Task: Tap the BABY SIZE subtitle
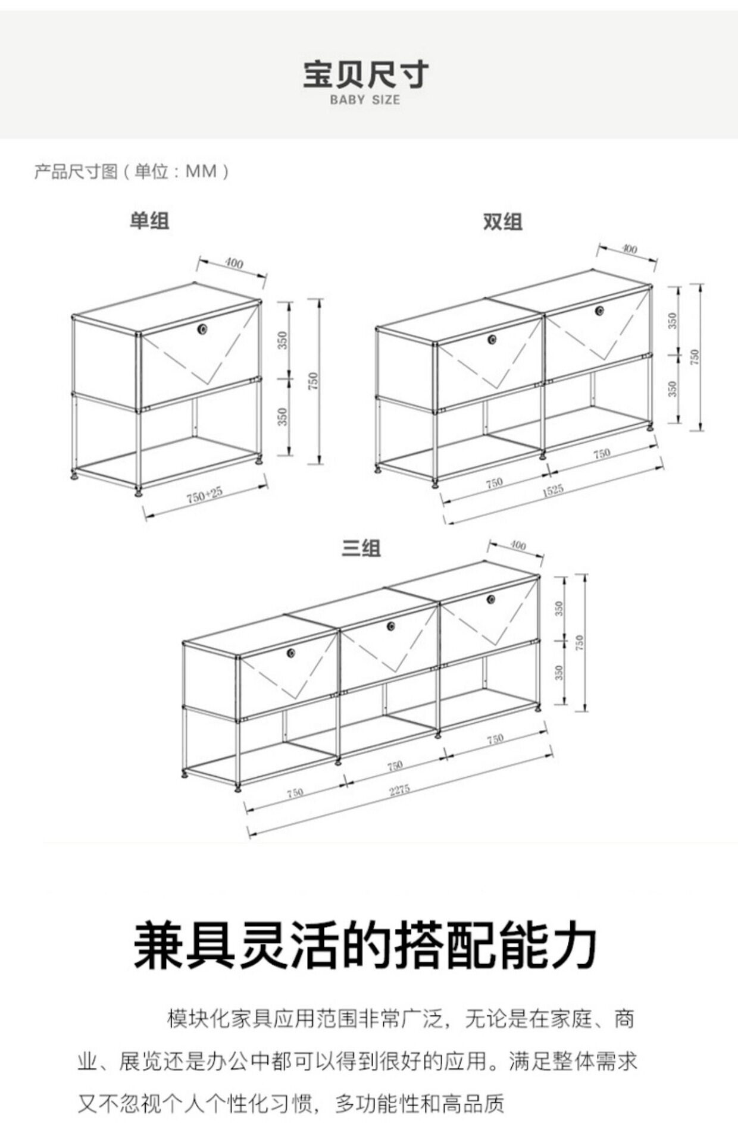(365, 100)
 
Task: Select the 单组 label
(149, 221)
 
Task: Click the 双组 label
(502, 221)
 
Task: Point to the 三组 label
(361, 547)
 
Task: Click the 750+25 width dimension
(204, 495)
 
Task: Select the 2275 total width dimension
(399, 790)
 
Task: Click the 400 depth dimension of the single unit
(234, 262)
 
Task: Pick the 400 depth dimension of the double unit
(628, 249)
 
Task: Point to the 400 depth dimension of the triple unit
(518, 545)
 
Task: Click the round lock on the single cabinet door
(204, 328)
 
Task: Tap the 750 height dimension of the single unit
(314, 381)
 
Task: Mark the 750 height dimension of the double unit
(695, 357)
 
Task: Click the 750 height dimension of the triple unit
(580, 642)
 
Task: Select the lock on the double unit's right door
(600, 310)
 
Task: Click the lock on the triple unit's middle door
(391, 626)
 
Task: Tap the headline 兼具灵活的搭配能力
(365, 946)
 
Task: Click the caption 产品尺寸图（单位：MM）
(132, 172)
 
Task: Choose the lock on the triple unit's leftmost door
(292, 653)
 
